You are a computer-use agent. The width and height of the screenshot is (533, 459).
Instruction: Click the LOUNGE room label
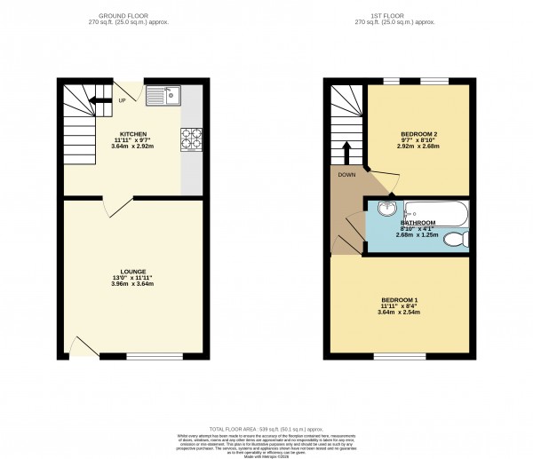point(133,271)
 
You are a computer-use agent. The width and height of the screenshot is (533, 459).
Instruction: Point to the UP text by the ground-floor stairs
point(123,100)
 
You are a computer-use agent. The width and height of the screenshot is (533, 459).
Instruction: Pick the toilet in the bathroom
point(456,240)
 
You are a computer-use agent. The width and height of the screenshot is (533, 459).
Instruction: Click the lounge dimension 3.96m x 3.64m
point(133,284)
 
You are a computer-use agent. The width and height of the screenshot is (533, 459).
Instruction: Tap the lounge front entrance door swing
point(82,346)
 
